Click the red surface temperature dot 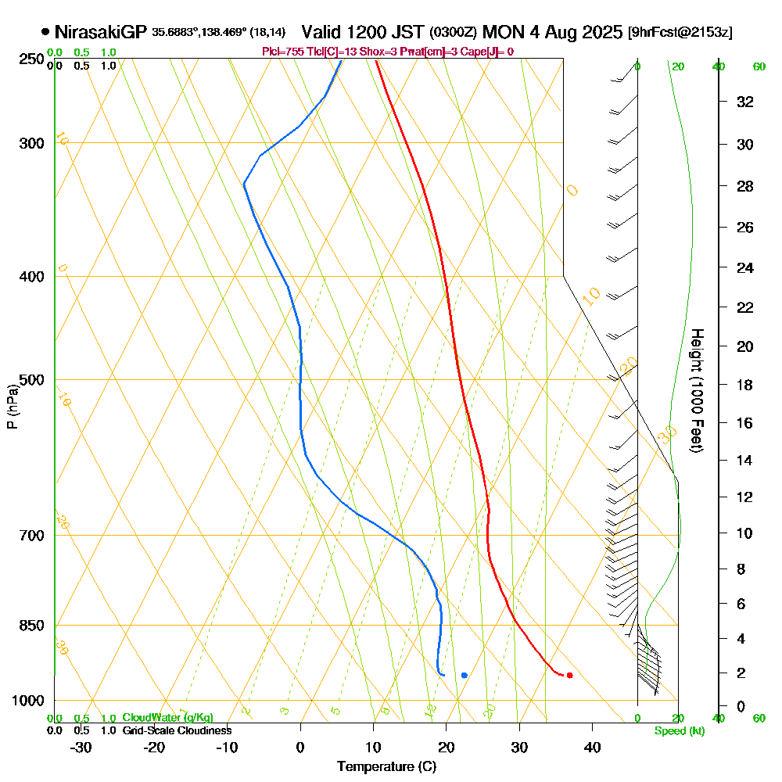569,675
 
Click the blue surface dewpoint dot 465,675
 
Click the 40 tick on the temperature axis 592,748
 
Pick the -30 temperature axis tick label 81,748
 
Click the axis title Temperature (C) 386,767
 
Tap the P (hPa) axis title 12,406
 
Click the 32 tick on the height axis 745,101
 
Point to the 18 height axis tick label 745,385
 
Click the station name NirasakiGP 101,32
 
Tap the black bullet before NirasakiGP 45,32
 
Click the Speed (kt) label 680,731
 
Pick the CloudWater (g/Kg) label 167,718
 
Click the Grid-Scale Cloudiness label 176,730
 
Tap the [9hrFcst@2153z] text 680,33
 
